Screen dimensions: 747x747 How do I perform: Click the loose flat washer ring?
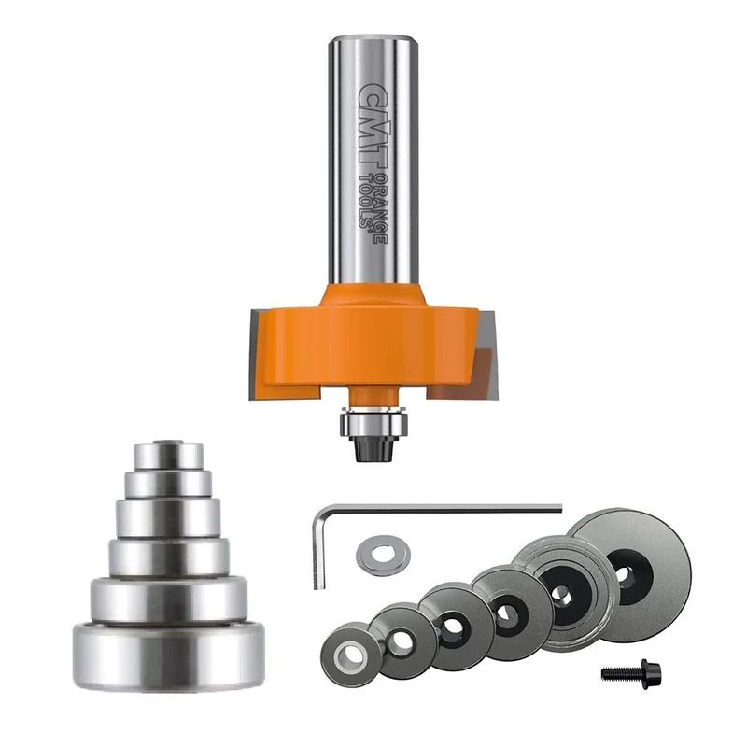point(383,555)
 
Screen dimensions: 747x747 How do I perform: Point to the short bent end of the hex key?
point(318,551)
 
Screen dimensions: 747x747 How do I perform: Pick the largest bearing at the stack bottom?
point(169,654)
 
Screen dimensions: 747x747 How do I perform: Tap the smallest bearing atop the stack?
point(167,454)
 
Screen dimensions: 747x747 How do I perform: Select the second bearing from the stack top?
point(167,483)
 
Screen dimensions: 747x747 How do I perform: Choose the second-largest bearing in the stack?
point(169,598)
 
